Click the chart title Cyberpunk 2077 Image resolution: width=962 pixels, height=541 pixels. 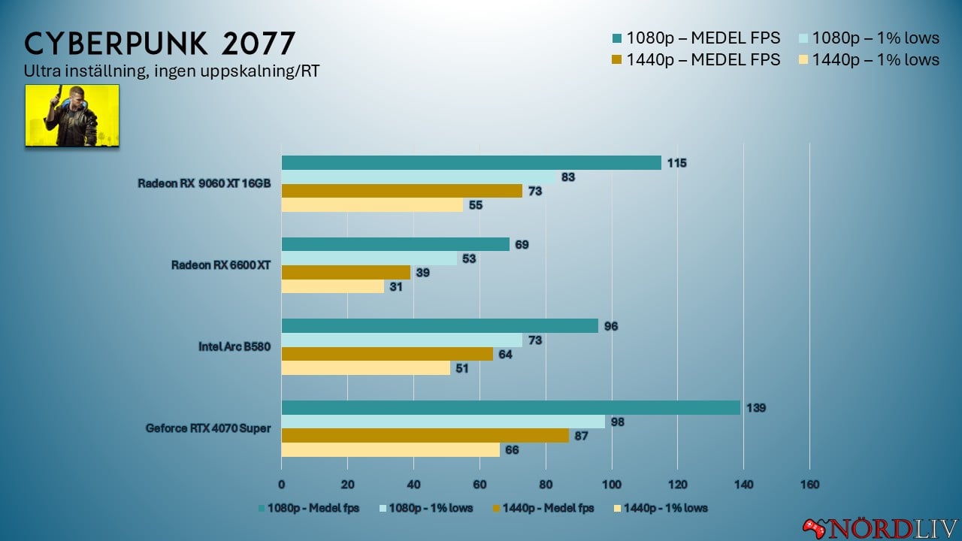coord(159,44)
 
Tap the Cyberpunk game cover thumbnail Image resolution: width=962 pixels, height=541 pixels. coord(72,115)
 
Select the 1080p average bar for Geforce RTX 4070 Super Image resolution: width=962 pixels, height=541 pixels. coord(511,408)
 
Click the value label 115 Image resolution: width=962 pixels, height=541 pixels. coord(677,163)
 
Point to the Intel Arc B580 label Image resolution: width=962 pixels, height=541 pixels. coord(234,346)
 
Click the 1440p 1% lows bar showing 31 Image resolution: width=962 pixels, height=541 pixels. coord(332,286)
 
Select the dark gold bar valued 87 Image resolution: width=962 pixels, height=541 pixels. coord(425,436)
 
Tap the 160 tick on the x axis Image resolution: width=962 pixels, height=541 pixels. coord(809,483)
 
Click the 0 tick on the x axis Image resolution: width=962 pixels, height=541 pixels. coord(282,483)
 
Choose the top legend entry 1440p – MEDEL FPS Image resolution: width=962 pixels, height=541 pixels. coord(696,59)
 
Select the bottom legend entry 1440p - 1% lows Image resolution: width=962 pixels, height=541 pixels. coord(661,508)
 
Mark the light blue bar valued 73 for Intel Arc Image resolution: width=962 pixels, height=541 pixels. coord(401,340)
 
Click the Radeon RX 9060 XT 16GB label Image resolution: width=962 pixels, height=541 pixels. coord(204,183)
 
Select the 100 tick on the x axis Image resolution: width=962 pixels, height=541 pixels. coord(612,483)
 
